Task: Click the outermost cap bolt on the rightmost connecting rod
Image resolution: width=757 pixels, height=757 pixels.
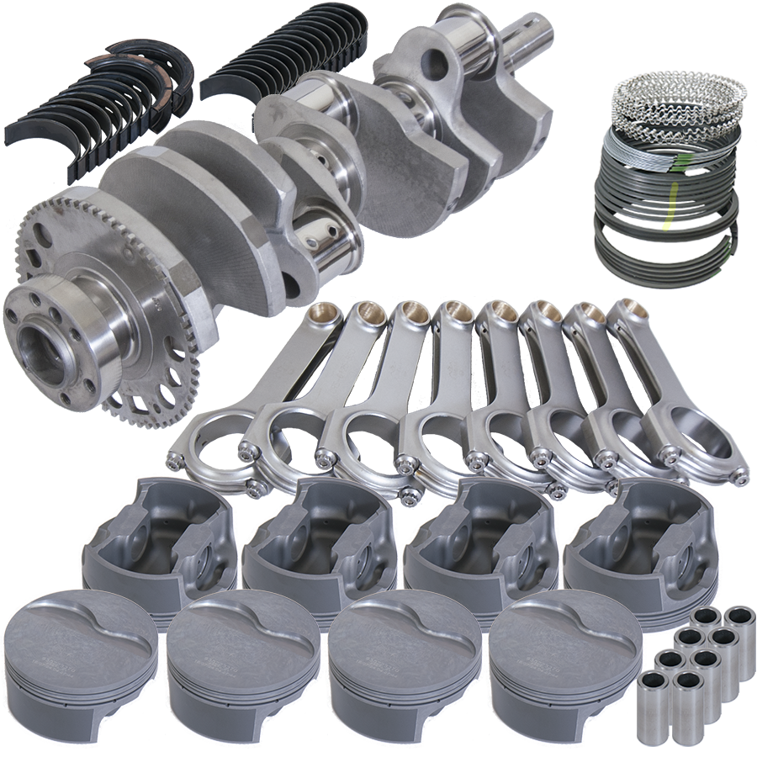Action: (740, 478)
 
